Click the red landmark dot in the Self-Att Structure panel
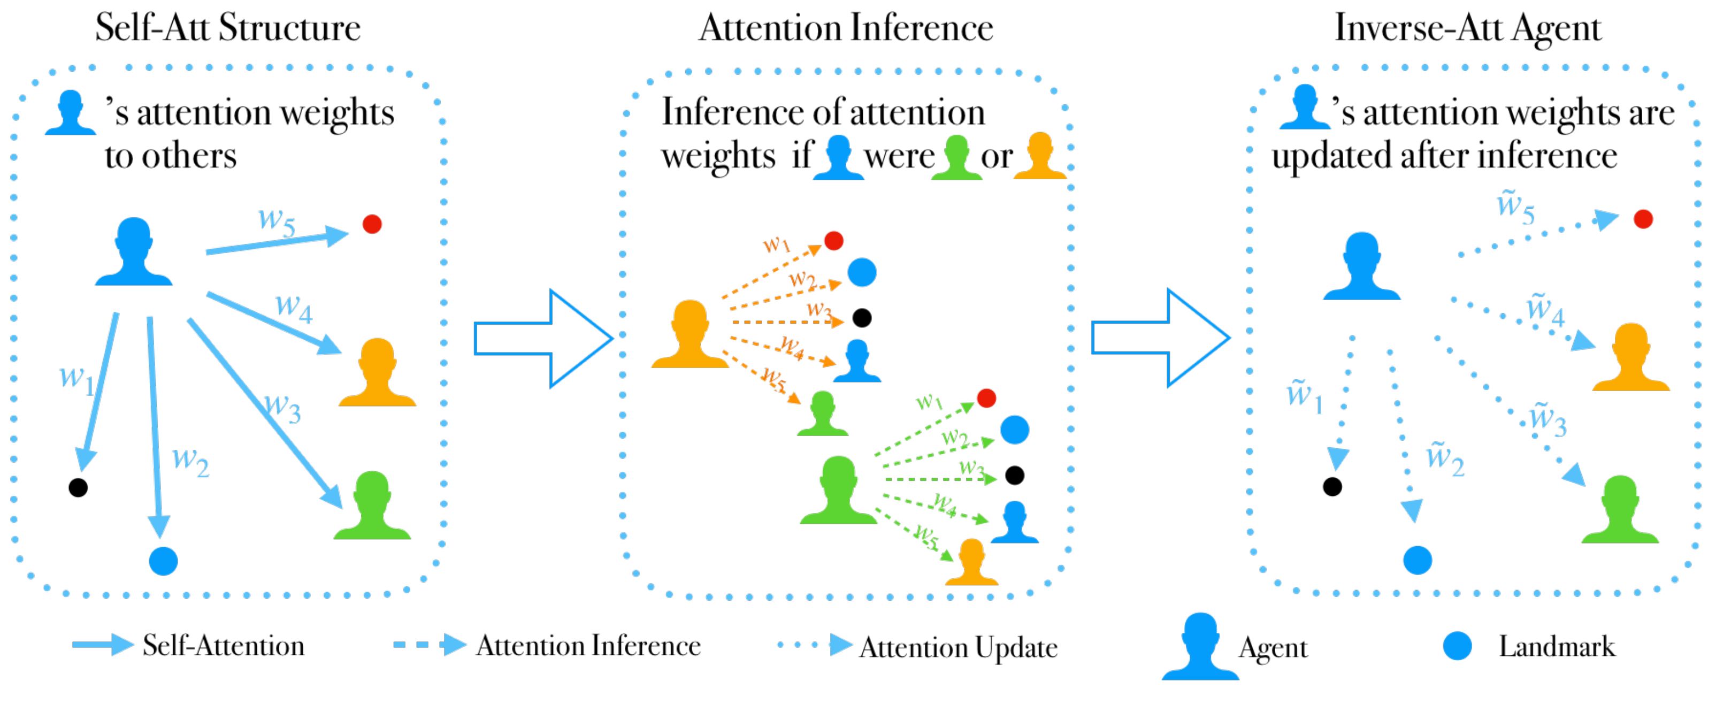coord(372,224)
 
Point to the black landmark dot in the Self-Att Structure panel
coord(78,488)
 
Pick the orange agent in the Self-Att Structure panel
coord(377,372)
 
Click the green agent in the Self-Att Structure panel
coord(372,505)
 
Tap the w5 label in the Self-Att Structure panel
coord(277,221)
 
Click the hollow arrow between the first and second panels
coord(543,339)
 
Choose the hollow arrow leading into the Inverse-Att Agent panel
coord(1160,338)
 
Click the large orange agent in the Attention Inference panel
coord(690,334)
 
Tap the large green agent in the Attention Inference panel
coord(838,490)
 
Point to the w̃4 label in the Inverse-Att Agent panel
coord(1545,310)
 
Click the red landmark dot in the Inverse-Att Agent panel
coord(1643,219)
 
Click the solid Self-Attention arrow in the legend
coord(103,644)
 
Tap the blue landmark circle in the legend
coord(1458,646)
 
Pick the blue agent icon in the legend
coord(1200,646)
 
